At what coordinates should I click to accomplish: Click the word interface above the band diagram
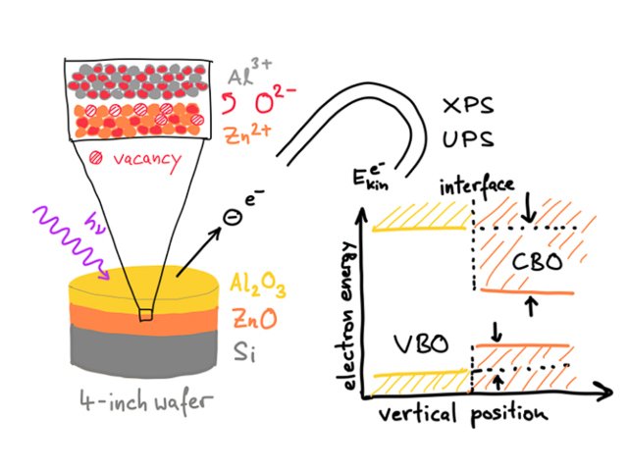click(473, 185)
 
